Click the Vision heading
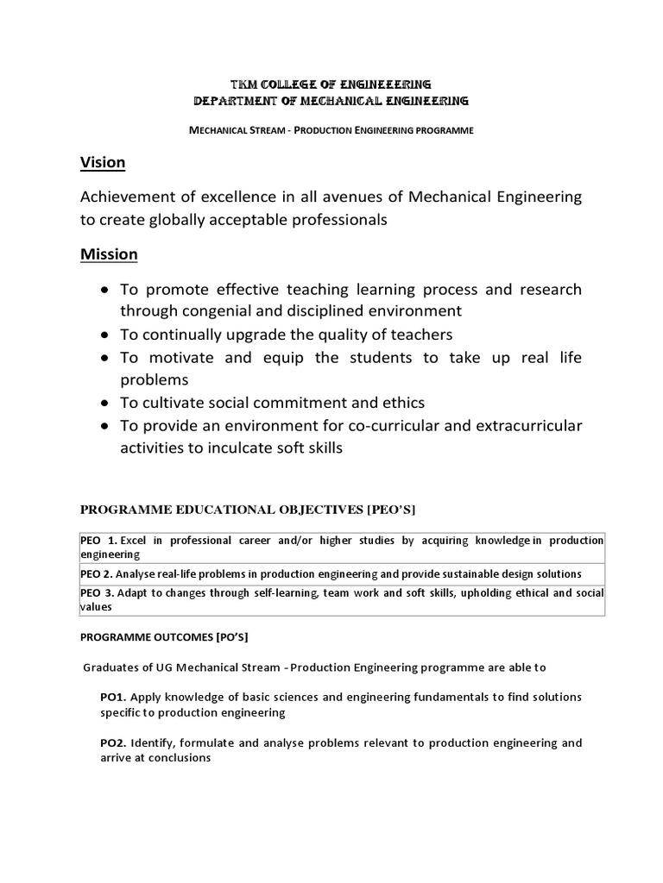(x=103, y=162)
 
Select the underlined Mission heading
(x=109, y=254)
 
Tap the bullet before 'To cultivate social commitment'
(x=104, y=403)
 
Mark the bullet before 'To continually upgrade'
(x=104, y=334)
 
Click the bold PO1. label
(x=113, y=697)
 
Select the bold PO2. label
(x=113, y=743)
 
